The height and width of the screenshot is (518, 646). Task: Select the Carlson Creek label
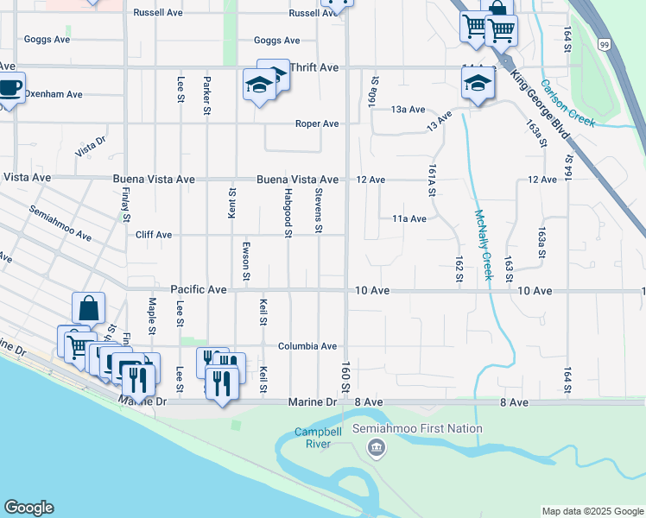click(x=567, y=104)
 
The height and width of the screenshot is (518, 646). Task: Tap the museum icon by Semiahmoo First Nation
click(x=376, y=446)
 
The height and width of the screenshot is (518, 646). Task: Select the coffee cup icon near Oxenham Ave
click(x=9, y=88)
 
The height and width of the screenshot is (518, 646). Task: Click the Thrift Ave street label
click(x=315, y=66)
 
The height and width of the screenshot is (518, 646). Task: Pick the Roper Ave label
click(x=317, y=123)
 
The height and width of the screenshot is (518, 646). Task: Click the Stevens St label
click(x=319, y=211)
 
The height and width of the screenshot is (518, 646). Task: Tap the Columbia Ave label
click(x=307, y=346)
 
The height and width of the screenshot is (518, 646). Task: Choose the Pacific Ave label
click(x=199, y=290)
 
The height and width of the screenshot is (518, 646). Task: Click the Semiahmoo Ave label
click(x=60, y=223)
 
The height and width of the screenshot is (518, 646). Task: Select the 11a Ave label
click(x=409, y=219)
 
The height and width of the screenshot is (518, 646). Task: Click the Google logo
click(x=28, y=508)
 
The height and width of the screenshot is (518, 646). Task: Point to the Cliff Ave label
click(x=154, y=235)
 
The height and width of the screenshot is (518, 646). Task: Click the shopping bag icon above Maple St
click(x=89, y=308)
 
